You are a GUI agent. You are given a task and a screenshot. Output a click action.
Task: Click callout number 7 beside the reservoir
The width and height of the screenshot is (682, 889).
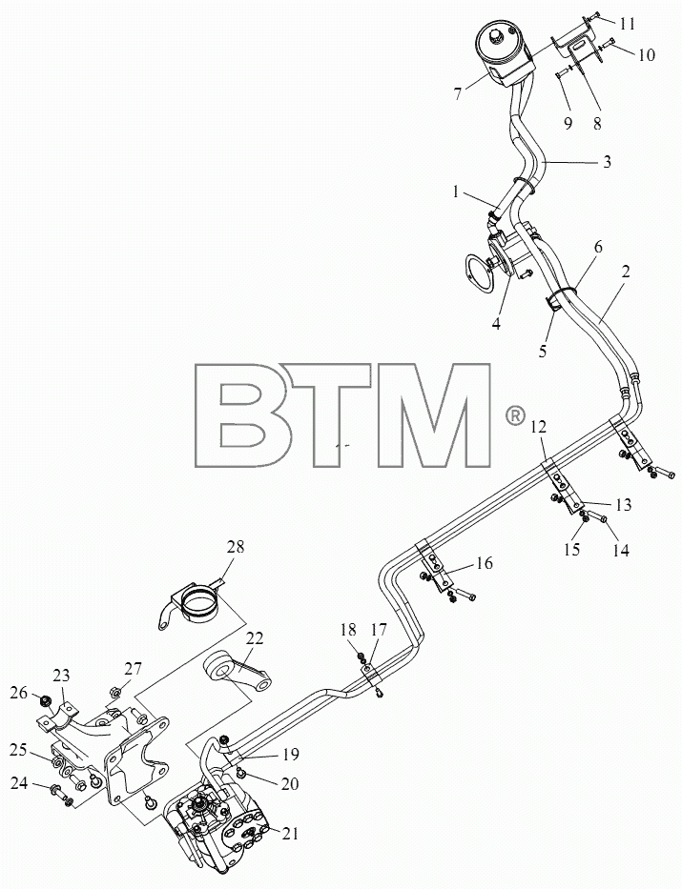click(x=458, y=94)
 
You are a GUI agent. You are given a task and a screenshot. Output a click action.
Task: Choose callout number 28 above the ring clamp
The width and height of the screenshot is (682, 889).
click(x=236, y=547)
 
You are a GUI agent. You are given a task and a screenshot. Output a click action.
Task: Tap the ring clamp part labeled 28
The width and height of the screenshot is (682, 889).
click(x=190, y=604)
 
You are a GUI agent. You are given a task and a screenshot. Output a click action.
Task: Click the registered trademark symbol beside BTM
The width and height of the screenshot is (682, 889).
click(x=514, y=416)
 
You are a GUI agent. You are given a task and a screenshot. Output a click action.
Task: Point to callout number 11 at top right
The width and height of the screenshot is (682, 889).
click(x=627, y=24)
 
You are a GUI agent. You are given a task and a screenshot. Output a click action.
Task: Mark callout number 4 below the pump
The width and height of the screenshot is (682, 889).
click(x=496, y=324)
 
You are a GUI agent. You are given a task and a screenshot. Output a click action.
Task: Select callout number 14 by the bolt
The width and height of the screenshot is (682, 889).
click(x=621, y=550)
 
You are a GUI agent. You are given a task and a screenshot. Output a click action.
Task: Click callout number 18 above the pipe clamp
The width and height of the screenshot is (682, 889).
click(x=348, y=629)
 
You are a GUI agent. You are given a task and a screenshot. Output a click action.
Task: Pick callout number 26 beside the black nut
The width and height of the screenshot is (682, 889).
click(x=19, y=692)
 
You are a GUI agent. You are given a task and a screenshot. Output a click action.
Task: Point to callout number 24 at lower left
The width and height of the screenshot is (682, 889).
click(x=19, y=783)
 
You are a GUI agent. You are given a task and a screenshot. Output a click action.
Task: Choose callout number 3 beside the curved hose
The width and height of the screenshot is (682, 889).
click(x=607, y=162)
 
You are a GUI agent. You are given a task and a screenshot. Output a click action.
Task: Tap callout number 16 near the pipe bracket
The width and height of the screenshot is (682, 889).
click(x=484, y=563)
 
